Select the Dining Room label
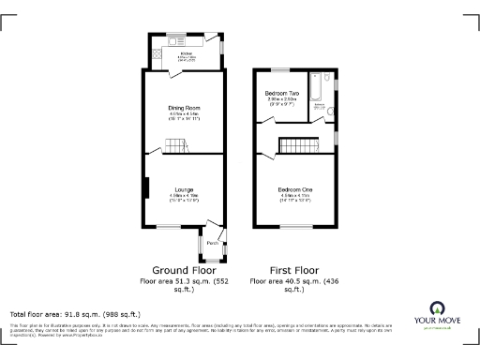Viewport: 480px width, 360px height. [185, 109]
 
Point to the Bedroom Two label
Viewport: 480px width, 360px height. [282, 95]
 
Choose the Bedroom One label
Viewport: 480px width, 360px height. [294, 190]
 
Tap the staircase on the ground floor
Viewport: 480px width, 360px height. [175, 146]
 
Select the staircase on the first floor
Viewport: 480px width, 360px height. [299, 145]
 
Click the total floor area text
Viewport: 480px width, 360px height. [75, 314]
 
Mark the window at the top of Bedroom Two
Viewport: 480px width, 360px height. [279, 68]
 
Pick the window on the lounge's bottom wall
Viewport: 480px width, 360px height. [169, 226]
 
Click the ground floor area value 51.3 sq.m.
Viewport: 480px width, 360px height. [184, 280]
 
